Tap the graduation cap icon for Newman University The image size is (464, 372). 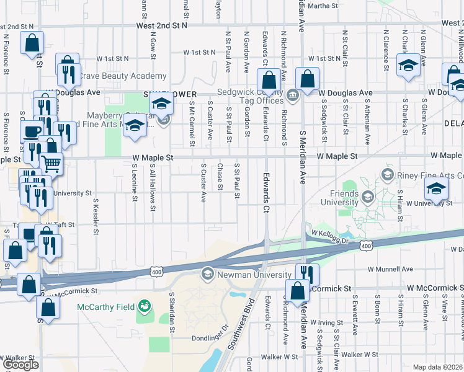point(207,273)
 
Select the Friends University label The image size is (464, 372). point(339,198)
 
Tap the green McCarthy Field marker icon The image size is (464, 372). point(145,306)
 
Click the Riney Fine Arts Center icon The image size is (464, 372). point(388,175)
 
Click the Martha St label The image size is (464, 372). point(321,6)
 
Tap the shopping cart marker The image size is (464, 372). point(51,164)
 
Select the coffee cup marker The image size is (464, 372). point(31,131)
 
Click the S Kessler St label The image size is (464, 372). point(96,214)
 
